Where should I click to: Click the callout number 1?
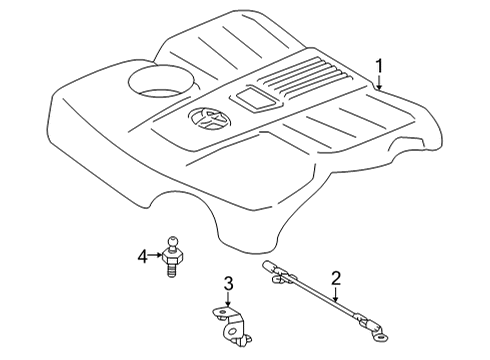click(x=379, y=65)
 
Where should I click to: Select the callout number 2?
click(x=337, y=279)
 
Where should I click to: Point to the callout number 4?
click(x=143, y=255)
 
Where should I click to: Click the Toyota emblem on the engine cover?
click(x=206, y=122)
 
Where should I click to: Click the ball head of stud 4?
click(x=174, y=240)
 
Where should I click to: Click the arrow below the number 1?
click(x=379, y=82)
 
